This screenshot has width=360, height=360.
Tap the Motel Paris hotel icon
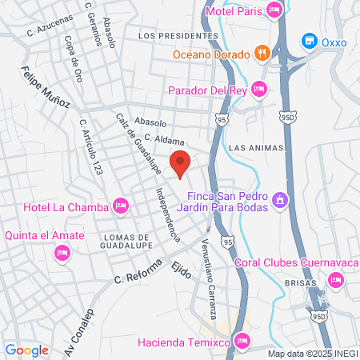[275, 10]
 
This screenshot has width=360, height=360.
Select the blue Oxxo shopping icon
[308, 40]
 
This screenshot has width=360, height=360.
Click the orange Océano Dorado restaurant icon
[261, 54]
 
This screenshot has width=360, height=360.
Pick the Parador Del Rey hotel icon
[258, 88]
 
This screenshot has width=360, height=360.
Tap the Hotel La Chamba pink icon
[121, 207]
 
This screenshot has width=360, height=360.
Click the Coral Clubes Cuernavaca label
[295, 262]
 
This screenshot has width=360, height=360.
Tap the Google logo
[26, 350]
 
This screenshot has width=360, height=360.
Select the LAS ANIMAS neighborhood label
[254, 148]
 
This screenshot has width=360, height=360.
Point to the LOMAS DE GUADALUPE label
[127, 242]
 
